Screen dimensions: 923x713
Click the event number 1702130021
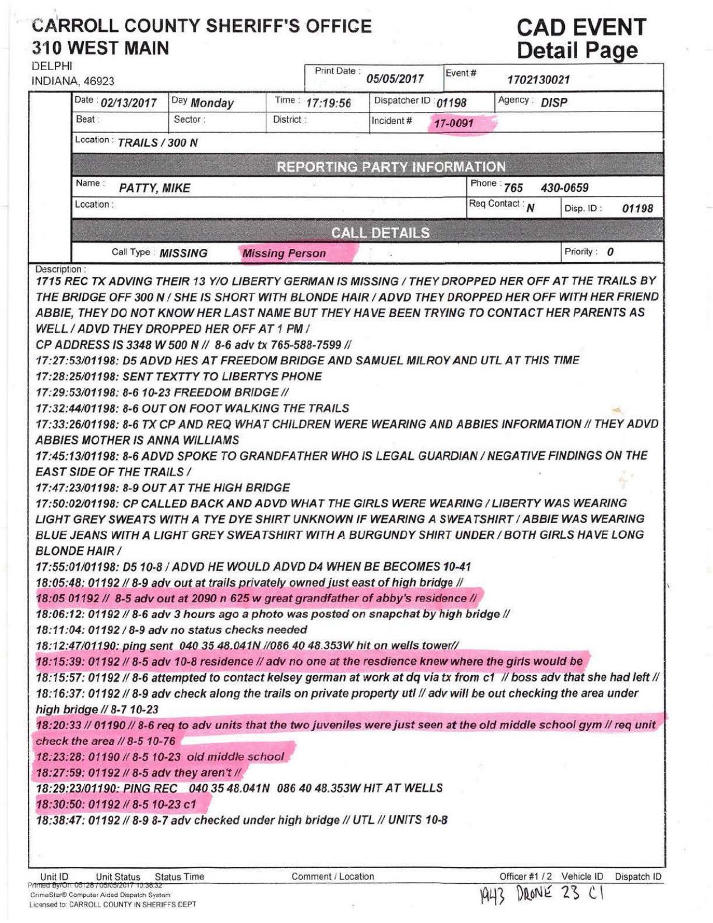click(538, 79)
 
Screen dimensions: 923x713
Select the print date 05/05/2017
click(395, 79)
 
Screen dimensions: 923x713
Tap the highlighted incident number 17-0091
click(454, 123)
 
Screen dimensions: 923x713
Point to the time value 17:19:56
click(328, 103)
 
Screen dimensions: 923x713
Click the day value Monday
click(211, 103)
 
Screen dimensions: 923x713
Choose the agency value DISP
click(554, 102)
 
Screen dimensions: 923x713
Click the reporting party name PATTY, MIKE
click(154, 188)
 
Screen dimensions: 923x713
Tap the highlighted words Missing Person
click(284, 253)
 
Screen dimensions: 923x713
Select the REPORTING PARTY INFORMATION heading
click(391, 167)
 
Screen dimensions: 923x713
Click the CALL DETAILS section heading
click(380, 233)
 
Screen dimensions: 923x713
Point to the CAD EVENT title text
click(581, 27)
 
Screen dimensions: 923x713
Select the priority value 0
click(610, 252)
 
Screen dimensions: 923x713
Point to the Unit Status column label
click(118, 877)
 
